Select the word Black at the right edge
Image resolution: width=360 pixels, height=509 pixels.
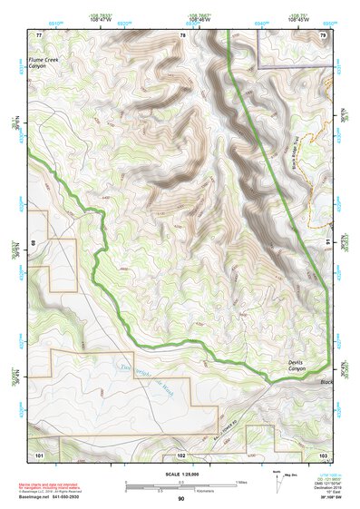[x=326, y=382]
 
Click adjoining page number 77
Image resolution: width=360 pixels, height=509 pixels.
[x=38, y=34]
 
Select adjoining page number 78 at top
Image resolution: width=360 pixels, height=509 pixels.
[x=182, y=34]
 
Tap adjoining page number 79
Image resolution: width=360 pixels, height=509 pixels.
[x=323, y=34]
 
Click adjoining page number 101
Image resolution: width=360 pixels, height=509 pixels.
[x=38, y=453]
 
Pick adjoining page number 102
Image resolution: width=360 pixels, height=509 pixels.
[x=181, y=453]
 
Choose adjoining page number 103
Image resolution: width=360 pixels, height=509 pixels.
[x=323, y=453]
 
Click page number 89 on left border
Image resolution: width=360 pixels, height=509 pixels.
[x=33, y=243]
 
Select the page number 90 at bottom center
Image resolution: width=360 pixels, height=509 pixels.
[x=180, y=499]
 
